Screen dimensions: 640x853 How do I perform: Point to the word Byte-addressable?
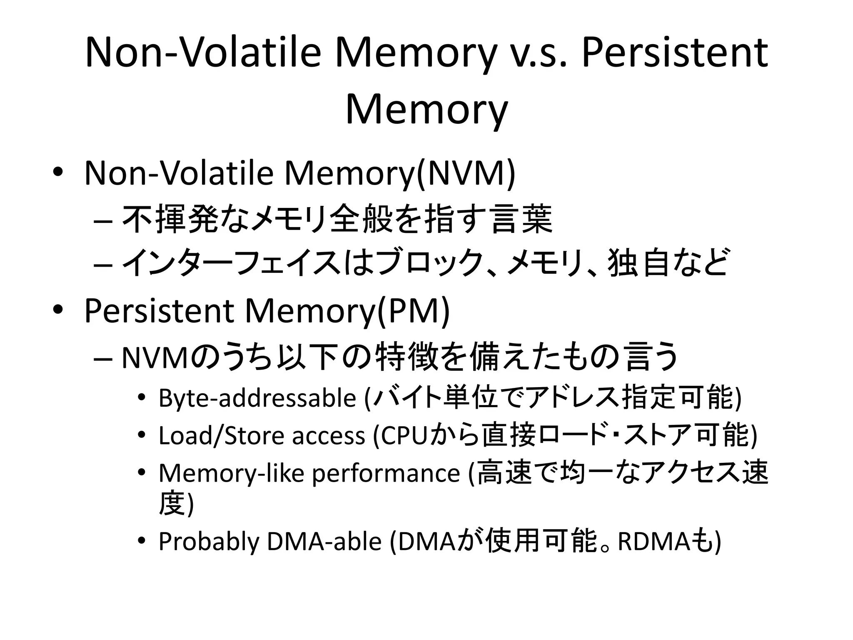pos(257,398)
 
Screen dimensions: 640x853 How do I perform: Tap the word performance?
pos(386,473)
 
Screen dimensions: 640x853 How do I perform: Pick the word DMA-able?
pos(324,541)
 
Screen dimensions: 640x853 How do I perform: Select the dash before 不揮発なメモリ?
pos(103,220)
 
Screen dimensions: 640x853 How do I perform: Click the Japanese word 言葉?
pos(521,219)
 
